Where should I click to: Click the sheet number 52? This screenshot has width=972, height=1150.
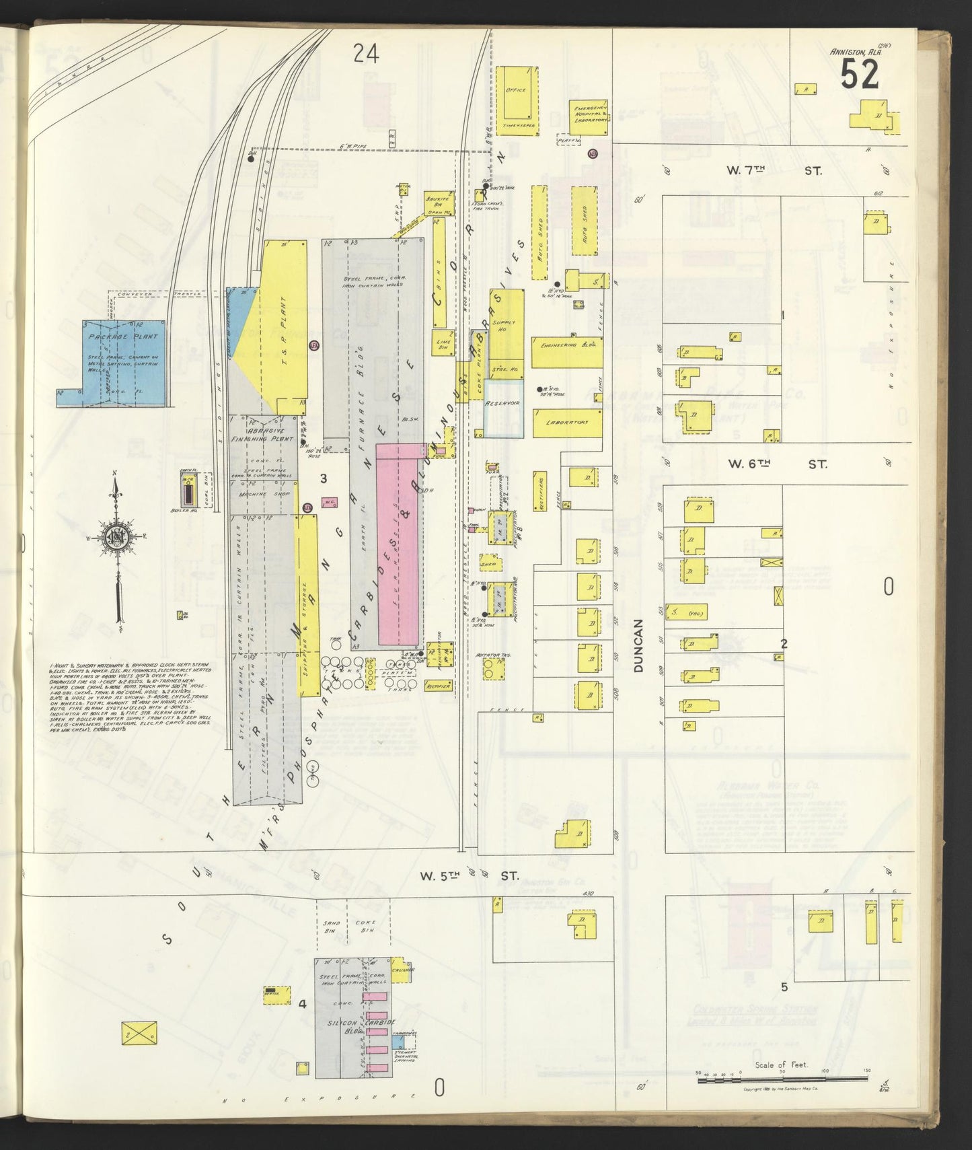click(x=859, y=74)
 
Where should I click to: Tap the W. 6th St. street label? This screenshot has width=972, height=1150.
click(x=778, y=464)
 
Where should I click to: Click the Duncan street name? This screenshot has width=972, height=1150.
click(x=639, y=645)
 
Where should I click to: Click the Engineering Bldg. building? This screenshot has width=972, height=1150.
click(x=566, y=352)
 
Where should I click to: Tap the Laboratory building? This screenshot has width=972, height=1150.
click(x=567, y=423)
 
